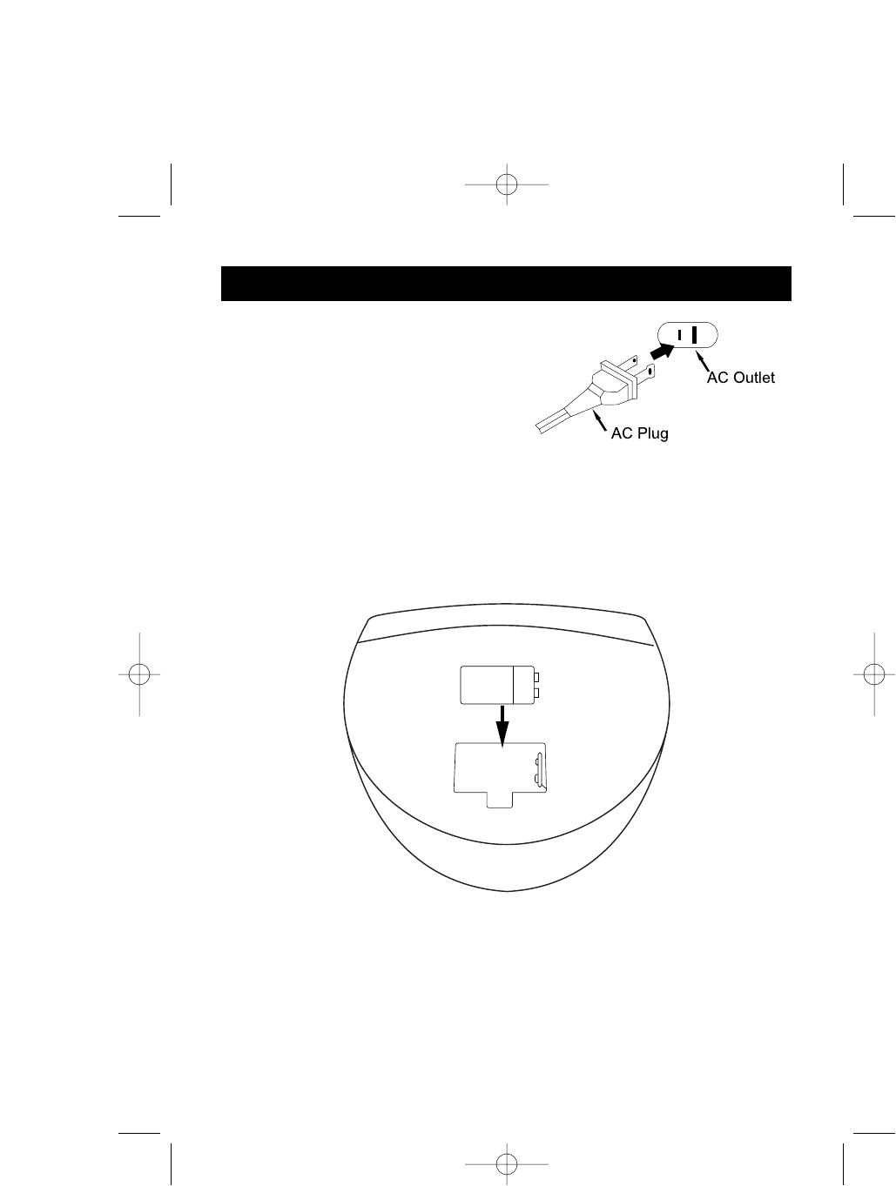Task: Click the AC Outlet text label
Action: click(x=740, y=378)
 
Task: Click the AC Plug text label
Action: click(x=639, y=433)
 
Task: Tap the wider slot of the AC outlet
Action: click(x=695, y=335)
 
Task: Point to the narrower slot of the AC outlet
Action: click(x=679, y=335)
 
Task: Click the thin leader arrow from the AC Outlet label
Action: click(x=701, y=360)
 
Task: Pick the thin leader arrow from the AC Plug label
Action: click(x=600, y=423)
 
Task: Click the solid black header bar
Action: click(x=506, y=284)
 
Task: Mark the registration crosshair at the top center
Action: click(x=506, y=184)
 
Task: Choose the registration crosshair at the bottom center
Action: click(x=506, y=1162)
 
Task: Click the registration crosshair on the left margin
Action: click(x=138, y=674)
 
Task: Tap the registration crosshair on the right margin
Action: click(x=873, y=674)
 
